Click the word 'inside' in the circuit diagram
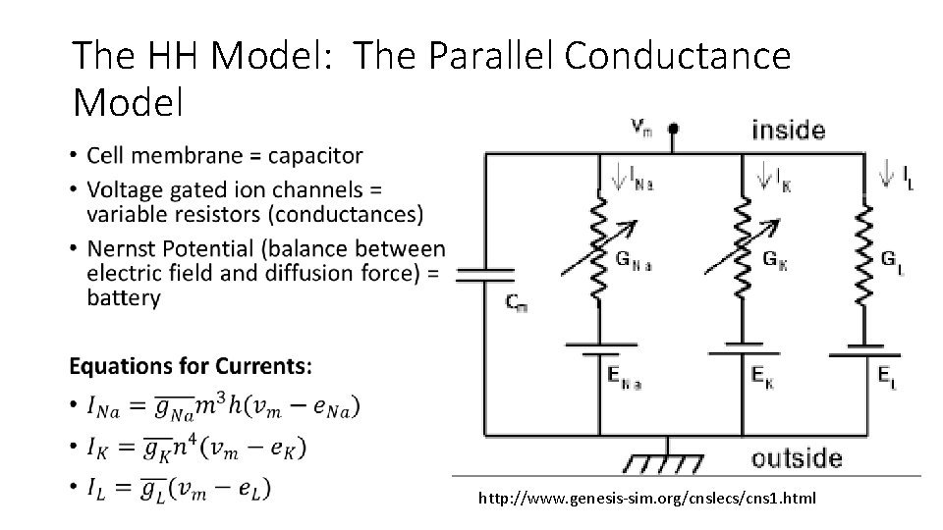coord(788,130)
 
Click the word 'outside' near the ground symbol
coord(797,458)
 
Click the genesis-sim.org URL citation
coord(646,499)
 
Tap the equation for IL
coord(180,488)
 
